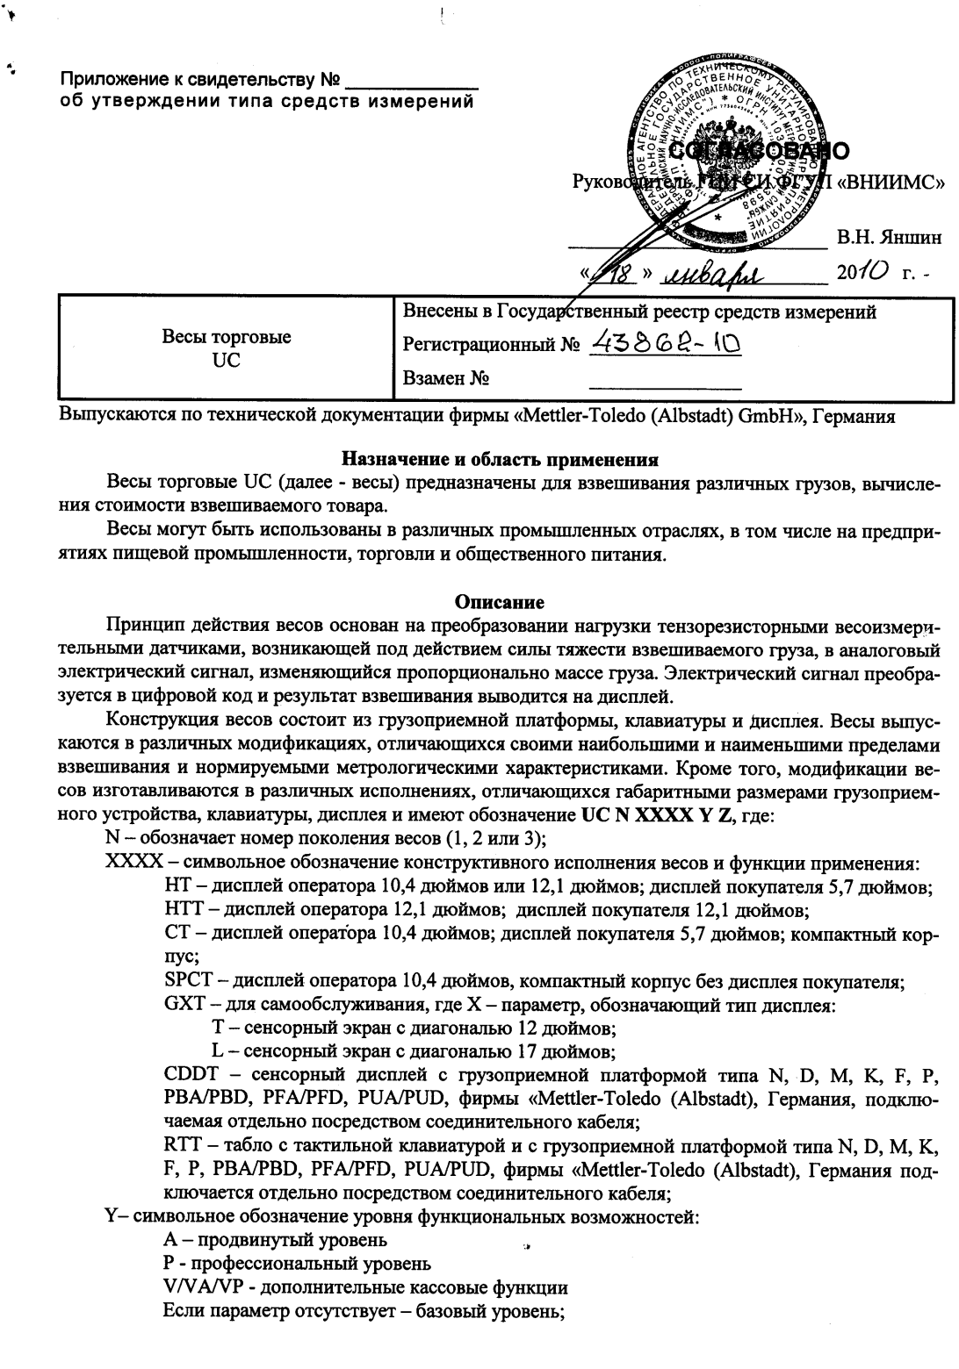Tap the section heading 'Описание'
500,602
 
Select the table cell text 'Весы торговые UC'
227,348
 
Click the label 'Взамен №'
445,379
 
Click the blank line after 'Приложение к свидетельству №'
412,82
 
